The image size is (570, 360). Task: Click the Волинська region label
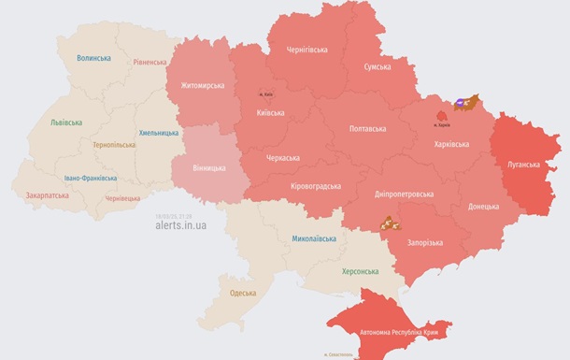tap(94, 58)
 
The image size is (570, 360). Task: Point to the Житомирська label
tap(196, 86)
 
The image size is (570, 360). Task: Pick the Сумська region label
tap(376, 67)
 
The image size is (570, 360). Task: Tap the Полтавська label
tap(367, 128)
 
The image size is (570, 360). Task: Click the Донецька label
tap(483, 205)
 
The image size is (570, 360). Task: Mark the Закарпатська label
tap(47, 196)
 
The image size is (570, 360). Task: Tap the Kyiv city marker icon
tap(267, 94)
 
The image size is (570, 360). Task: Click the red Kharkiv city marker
tap(441, 114)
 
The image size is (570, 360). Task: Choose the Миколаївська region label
tap(313, 239)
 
